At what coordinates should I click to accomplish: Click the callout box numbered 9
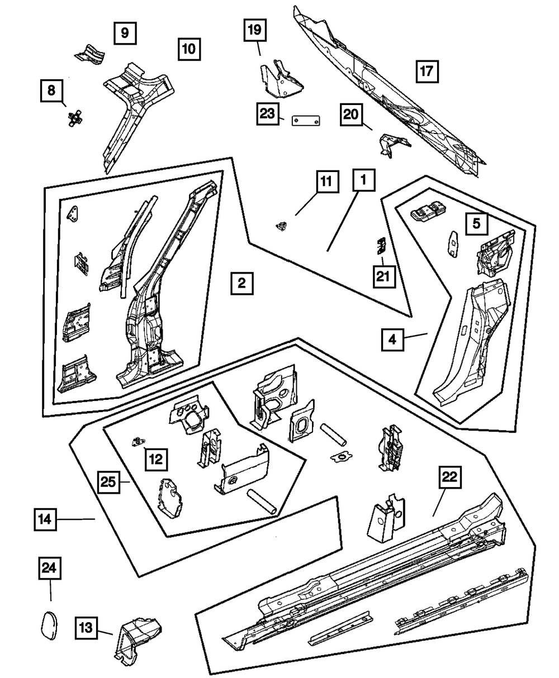click(124, 33)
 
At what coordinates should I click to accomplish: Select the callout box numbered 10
click(189, 49)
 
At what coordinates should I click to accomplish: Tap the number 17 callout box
click(427, 71)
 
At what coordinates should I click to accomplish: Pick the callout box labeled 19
click(254, 30)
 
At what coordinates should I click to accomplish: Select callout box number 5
click(476, 223)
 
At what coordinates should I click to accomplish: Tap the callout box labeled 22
click(450, 477)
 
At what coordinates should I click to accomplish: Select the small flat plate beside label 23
click(306, 121)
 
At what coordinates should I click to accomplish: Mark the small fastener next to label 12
click(136, 441)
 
